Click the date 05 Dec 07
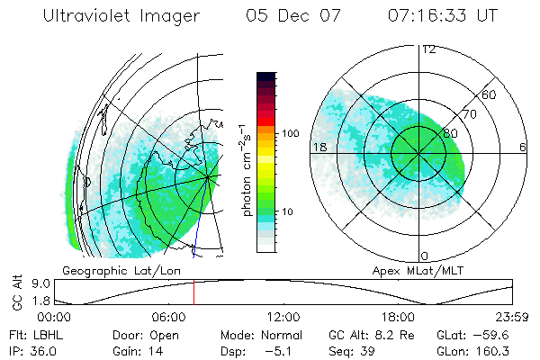point(291,15)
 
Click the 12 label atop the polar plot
point(428,49)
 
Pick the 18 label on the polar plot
point(319,147)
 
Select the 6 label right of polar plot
point(523,147)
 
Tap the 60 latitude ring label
point(489,94)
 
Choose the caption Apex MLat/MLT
point(409,270)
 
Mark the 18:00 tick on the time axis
point(398,318)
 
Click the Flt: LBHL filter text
point(31,335)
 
